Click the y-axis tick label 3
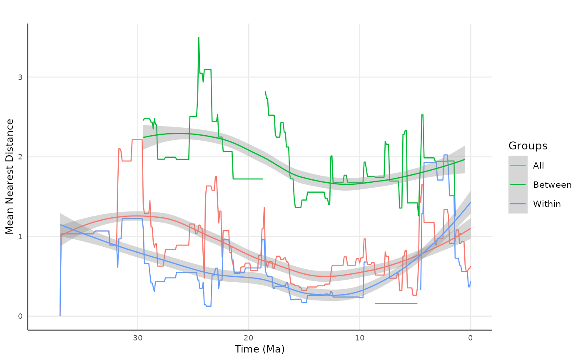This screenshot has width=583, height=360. [20, 77]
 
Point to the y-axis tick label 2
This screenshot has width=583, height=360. [20, 157]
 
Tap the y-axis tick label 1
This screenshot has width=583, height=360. [20, 236]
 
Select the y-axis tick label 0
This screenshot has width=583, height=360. [20, 316]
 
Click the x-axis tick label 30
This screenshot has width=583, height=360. [137, 338]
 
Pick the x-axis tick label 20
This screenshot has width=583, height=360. [249, 338]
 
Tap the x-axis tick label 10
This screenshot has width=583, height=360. [360, 338]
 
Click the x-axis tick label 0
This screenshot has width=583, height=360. [471, 338]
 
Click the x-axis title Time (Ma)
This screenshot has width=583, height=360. [259, 349]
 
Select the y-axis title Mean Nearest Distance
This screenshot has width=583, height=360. [10, 176]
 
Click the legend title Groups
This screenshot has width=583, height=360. [528, 146]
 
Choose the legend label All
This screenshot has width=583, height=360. [538, 166]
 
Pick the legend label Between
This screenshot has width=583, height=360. [552, 185]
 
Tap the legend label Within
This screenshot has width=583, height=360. [547, 204]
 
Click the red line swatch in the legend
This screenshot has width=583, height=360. [518, 166]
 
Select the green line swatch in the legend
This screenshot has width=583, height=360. [518, 185]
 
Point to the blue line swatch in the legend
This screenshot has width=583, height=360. [518, 204]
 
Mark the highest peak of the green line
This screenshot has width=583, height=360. [199, 37]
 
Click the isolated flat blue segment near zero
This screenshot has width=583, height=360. [396, 303]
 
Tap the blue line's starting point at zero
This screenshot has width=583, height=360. [60, 315]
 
